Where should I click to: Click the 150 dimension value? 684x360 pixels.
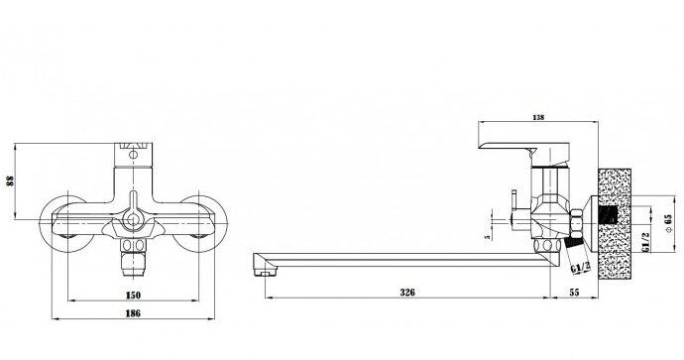pos(133,295)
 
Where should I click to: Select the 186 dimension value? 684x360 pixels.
pos(133,313)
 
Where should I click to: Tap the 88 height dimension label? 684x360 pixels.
pos(11,180)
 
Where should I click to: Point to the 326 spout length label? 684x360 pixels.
pos(407,293)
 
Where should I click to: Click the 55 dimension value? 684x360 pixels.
pos(575,293)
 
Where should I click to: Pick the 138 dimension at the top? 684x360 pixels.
pos(538,117)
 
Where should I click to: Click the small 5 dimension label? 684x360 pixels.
pos(488,237)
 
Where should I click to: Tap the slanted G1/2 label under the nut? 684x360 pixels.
pos(581,267)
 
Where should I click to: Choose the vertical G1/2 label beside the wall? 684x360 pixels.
pos(646,242)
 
